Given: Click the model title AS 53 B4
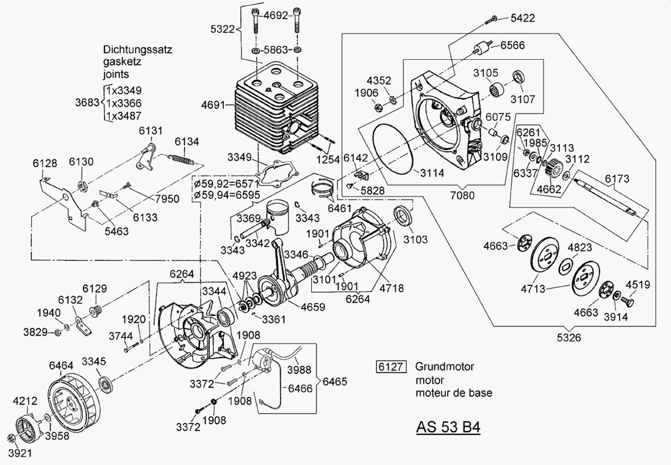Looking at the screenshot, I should point(448,427).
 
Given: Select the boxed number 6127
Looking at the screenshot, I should point(390,367).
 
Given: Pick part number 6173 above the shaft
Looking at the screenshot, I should point(617,179).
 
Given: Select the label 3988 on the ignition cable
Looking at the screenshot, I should point(298,370).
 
